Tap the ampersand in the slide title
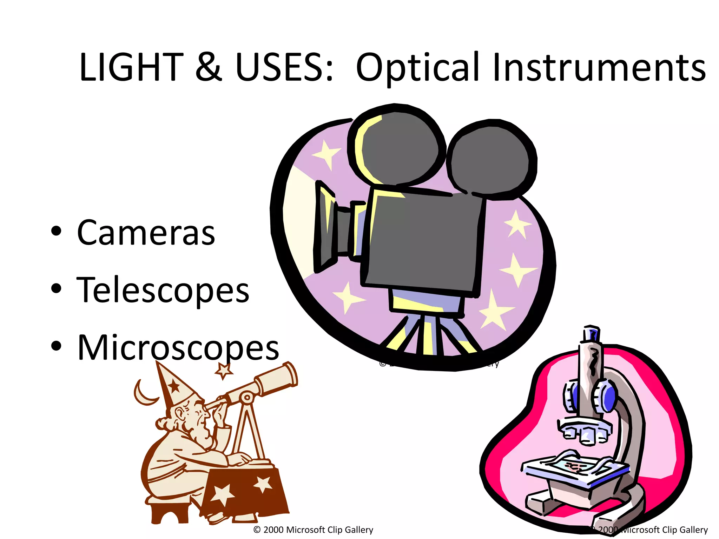(x=209, y=67)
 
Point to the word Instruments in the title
(x=599, y=67)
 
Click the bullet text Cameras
(x=146, y=233)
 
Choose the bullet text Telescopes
(x=163, y=290)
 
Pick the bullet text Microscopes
(x=178, y=347)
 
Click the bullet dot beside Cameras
(x=56, y=231)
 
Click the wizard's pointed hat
(x=174, y=386)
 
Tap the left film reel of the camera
(x=397, y=147)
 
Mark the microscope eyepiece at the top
(x=591, y=333)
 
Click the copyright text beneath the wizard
(x=313, y=530)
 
